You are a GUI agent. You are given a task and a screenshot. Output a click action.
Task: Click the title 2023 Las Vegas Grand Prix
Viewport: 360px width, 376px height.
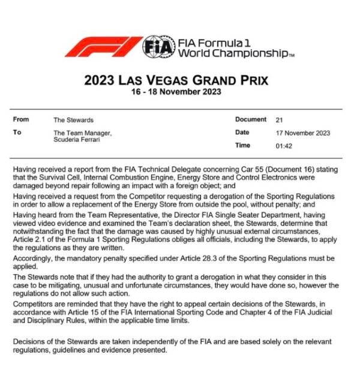[176, 80]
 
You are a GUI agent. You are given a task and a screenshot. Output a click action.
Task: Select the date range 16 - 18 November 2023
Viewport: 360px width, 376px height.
[176, 92]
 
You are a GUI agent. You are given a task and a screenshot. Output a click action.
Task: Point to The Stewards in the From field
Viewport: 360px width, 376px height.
[74, 120]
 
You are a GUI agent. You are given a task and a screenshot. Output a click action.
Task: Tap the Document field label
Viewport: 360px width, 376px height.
[250, 119]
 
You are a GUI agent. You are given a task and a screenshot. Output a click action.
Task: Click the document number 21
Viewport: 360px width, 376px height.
[280, 120]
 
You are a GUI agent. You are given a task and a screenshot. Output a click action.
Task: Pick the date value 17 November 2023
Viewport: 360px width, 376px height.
[303, 133]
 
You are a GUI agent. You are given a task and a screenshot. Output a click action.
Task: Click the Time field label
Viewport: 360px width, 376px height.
[243, 145]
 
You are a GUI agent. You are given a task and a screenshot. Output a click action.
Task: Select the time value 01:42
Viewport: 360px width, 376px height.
[284, 146]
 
